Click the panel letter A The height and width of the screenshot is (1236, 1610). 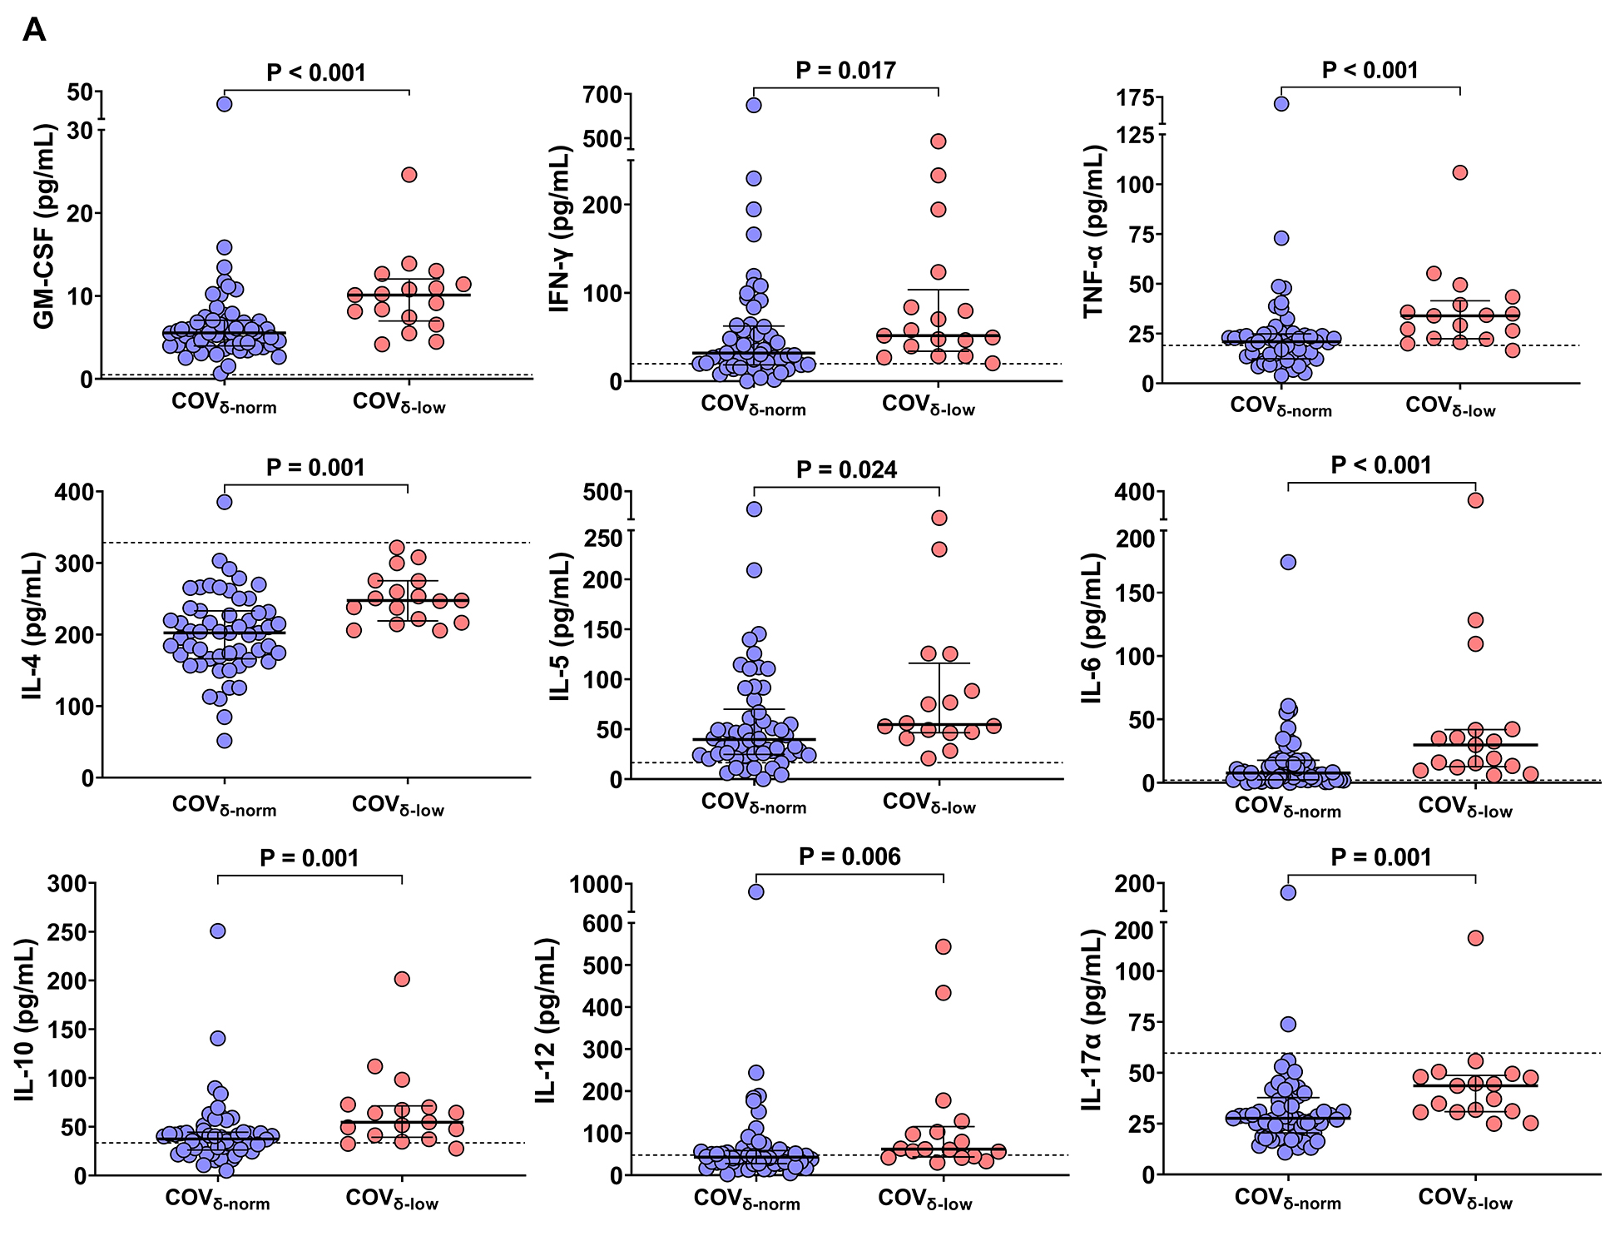click(34, 31)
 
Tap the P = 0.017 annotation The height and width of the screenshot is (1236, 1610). click(845, 71)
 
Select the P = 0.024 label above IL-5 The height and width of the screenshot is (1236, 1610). click(846, 470)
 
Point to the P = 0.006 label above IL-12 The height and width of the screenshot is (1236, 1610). click(850, 857)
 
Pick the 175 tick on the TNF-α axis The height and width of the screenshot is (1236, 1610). click(1136, 98)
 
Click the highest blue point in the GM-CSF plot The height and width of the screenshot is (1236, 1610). click(225, 104)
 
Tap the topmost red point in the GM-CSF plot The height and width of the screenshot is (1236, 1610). click(409, 175)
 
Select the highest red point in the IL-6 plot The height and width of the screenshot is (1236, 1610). click(1475, 500)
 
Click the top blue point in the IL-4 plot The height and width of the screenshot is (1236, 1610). click(225, 502)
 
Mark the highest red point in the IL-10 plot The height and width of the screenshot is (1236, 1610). click(402, 979)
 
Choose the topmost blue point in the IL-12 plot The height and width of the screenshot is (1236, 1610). click(755, 891)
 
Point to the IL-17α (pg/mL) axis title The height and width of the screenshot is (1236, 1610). click(1092, 1020)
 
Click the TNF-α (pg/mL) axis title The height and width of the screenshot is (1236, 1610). click(1093, 231)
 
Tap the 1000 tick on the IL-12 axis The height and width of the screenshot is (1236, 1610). click(596, 885)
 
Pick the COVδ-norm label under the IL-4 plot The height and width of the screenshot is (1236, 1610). click(224, 806)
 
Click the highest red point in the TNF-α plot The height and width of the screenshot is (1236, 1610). click(1460, 172)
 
